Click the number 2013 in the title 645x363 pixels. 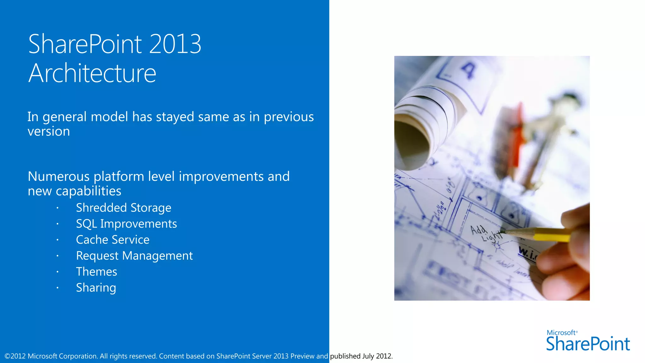(x=175, y=44)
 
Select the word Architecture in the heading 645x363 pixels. (x=92, y=73)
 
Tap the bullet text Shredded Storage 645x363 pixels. (x=123, y=208)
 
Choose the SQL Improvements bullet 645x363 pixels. (x=126, y=224)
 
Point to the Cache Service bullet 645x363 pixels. (x=112, y=240)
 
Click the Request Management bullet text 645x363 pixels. (x=134, y=256)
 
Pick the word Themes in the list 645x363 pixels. (x=96, y=272)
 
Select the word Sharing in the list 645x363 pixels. (x=96, y=288)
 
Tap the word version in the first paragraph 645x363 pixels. (x=49, y=131)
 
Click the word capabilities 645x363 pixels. (x=88, y=191)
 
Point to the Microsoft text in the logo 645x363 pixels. (x=561, y=333)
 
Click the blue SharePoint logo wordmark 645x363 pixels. (x=588, y=344)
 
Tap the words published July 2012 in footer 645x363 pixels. (x=361, y=356)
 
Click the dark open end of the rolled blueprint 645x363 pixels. (x=411, y=145)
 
